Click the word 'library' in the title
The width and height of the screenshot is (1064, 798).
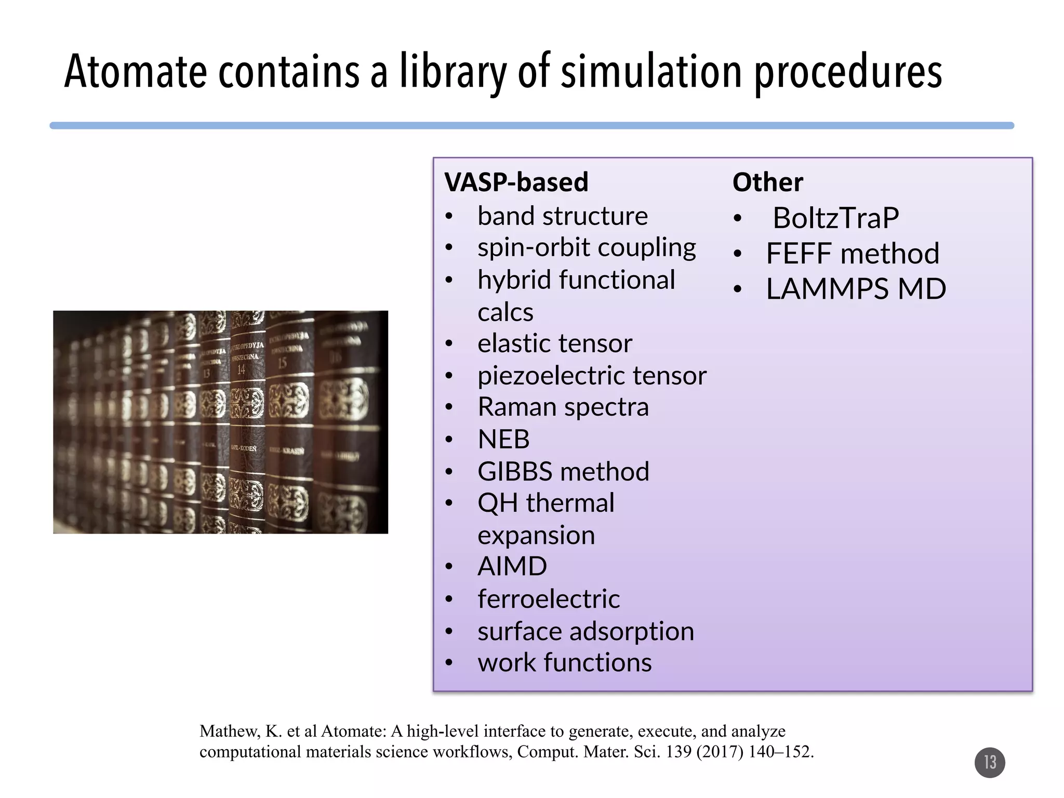(453, 73)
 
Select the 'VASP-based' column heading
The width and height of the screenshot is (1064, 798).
(516, 182)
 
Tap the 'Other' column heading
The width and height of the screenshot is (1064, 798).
(767, 182)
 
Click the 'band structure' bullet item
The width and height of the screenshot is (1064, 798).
(562, 216)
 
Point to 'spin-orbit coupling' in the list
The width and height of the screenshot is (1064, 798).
(587, 248)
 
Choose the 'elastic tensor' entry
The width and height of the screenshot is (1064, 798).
(554, 343)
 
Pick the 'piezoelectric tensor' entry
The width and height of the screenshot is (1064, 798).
(592, 376)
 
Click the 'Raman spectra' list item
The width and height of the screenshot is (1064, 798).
(563, 407)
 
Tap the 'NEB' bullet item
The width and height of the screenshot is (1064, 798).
(503, 440)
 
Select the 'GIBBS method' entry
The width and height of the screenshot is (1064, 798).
(563, 472)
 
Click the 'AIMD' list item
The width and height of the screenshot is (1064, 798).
(512, 566)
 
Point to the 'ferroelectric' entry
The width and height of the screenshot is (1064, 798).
(548, 599)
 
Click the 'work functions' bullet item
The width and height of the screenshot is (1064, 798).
(564, 663)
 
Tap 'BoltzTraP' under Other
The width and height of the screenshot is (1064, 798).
(835, 218)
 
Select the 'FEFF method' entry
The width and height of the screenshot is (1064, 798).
(853, 254)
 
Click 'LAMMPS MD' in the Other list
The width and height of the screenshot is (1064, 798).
(856, 289)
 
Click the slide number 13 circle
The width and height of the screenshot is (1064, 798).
(989, 762)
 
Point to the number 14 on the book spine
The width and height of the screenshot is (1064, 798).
(241, 369)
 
